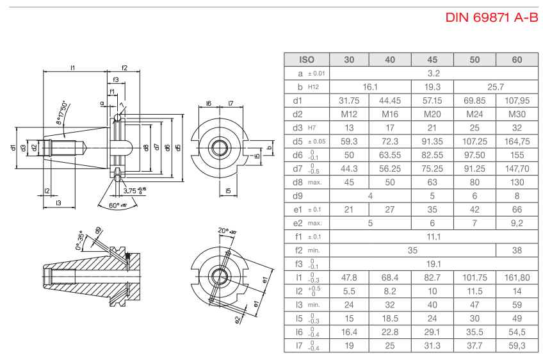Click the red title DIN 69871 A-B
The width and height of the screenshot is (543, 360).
[x=491, y=17]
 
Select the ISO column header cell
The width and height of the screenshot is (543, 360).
[x=307, y=60]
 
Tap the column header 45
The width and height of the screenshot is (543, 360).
[x=432, y=60]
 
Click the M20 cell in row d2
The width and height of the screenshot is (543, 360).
[x=432, y=114]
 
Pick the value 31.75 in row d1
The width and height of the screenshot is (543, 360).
[x=348, y=101]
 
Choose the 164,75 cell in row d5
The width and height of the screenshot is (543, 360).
[x=517, y=142]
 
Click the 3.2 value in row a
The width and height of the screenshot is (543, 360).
[x=432, y=73]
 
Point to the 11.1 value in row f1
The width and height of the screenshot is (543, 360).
[x=432, y=236]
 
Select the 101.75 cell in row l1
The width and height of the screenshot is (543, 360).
[x=474, y=277]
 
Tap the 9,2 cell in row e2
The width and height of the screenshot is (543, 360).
[x=517, y=223]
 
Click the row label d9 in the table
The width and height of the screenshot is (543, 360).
[x=297, y=196]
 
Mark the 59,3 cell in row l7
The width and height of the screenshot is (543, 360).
[x=517, y=346]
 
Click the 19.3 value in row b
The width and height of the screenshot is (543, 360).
[x=432, y=87]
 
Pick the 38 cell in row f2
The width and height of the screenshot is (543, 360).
[x=517, y=250]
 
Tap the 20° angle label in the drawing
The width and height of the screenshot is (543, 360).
[x=223, y=231]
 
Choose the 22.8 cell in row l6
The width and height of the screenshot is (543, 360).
[x=390, y=332]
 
